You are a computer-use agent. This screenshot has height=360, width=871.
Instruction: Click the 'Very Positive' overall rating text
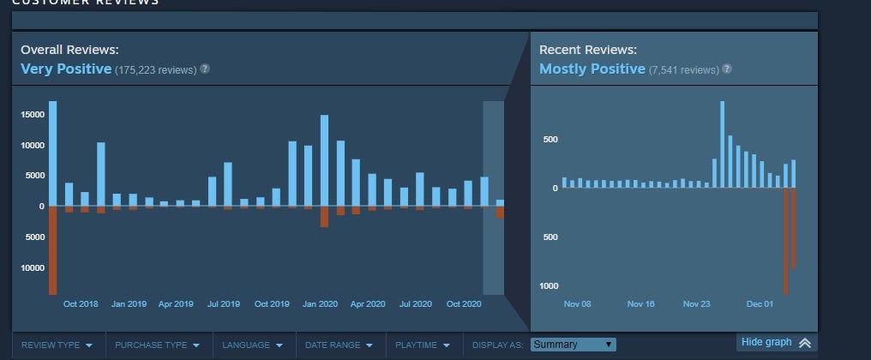point(66,69)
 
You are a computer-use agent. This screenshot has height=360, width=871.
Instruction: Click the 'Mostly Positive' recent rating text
point(592,69)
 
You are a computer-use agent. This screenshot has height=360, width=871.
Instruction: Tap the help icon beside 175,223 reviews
point(205,69)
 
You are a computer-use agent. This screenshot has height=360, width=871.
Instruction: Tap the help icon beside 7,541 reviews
point(727,69)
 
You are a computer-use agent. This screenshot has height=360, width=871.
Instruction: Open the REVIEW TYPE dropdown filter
point(57,345)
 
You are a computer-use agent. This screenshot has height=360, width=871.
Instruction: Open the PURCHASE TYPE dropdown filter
point(157,345)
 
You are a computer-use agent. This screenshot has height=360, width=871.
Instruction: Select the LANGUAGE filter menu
point(252,345)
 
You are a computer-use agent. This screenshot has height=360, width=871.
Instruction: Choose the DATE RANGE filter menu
point(339,345)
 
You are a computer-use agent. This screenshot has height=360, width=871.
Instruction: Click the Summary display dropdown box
point(573,345)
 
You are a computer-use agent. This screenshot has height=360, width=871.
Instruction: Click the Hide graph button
point(776,343)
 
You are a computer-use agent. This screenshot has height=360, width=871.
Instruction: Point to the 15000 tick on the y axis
point(33,115)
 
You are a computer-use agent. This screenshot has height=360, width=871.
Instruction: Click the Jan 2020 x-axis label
point(321,303)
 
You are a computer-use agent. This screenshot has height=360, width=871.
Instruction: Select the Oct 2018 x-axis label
point(81,303)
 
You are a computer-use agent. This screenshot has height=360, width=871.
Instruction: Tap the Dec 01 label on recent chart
point(760,303)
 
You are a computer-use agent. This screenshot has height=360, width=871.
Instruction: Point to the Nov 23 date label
point(697,303)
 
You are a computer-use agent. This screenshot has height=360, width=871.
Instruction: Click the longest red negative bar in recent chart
point(785,241)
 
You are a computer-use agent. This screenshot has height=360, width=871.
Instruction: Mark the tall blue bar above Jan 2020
point(325,160)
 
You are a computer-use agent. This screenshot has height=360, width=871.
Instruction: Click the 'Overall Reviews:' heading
point(69,50)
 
